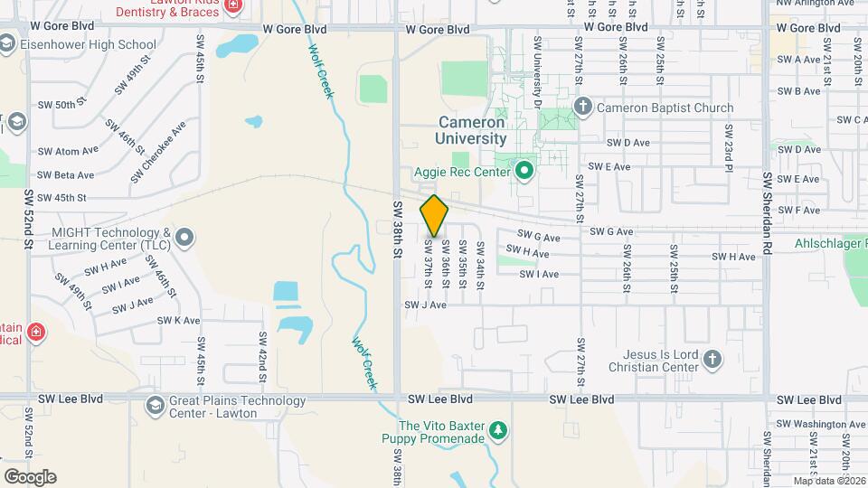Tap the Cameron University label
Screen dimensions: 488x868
tap(471, 130)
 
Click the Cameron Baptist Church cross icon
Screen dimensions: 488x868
tap(582, 108)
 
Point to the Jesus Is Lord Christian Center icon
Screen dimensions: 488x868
tap(712, 359)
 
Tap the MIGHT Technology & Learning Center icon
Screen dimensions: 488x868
tap(184, 238)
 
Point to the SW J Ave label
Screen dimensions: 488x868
tap(426, 305)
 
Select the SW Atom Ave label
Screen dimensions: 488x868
tap(68, 151)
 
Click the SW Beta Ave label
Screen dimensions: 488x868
tap(66, 175)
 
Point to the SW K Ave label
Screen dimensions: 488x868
tap(178, 321)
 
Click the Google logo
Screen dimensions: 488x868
tap(30, 477)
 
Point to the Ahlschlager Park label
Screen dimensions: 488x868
tap(830, 243)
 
